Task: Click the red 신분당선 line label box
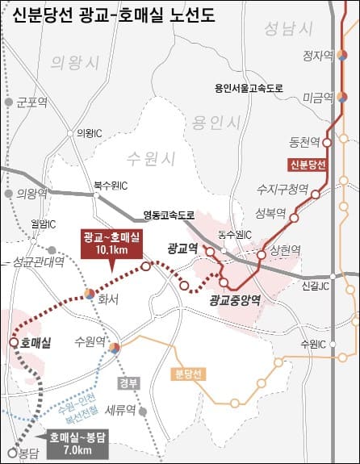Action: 307,165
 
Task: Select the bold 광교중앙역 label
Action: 234,301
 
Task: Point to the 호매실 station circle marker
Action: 14,342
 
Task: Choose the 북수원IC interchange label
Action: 111,185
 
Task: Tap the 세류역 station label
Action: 119,409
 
